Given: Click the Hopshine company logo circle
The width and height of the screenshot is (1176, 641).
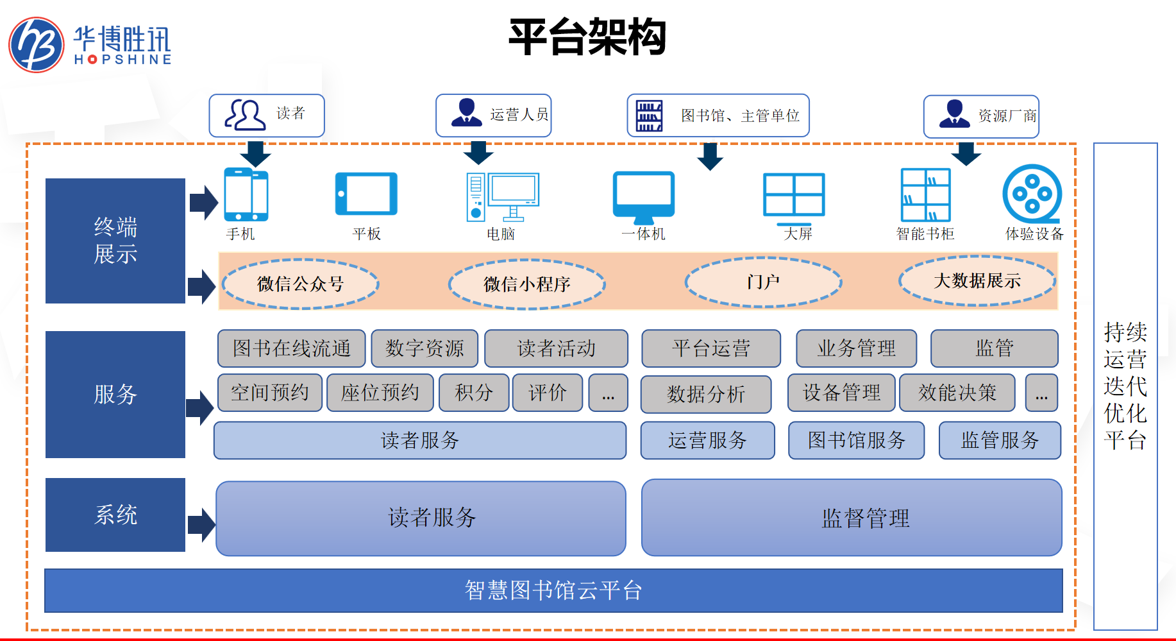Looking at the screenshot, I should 37,45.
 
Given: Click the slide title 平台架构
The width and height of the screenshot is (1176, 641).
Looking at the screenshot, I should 587,37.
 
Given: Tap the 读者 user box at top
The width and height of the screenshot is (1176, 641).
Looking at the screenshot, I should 267,115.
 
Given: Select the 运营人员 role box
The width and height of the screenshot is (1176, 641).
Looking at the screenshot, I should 493,115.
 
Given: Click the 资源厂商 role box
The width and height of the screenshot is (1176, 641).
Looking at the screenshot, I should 981,116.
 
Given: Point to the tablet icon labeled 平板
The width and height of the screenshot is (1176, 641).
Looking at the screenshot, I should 366,194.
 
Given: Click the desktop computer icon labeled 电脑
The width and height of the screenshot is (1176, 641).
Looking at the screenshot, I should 503,196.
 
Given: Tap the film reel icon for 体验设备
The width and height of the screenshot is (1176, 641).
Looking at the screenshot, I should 1032,194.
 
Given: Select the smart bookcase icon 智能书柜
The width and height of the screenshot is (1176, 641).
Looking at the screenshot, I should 925,195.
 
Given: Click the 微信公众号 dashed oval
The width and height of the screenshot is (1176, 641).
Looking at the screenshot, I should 300,284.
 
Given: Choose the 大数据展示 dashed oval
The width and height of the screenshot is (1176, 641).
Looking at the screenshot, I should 977,281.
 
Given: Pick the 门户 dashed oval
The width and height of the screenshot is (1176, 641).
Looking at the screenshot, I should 763,282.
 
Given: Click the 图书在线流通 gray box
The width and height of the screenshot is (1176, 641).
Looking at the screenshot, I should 291,348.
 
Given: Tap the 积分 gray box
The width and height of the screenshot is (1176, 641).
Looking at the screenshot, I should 474,393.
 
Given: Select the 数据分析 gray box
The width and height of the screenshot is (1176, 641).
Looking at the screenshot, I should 706,394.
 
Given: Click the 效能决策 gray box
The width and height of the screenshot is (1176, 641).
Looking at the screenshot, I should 957,393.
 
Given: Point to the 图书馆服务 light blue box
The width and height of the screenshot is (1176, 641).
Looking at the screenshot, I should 856,440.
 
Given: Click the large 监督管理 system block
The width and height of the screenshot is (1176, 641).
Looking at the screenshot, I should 852,518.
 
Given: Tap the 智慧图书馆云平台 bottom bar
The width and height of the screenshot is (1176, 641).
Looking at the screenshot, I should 553,590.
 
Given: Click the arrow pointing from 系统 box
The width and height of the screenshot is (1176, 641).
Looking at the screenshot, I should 201,525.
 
